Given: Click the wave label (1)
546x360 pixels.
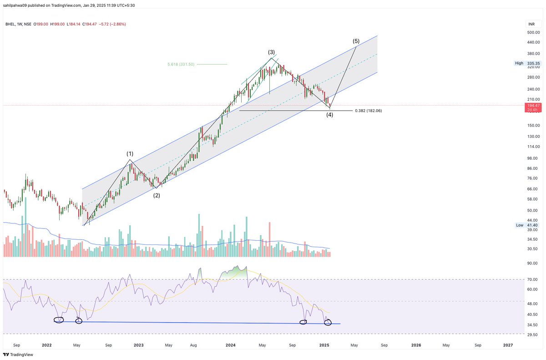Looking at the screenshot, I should point(130,154).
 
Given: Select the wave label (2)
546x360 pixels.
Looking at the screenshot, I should point(156,195).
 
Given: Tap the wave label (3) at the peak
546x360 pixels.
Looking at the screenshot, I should point(271,52).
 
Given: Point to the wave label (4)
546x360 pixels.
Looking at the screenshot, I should point(329,115).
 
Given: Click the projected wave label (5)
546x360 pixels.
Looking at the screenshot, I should point(357,41).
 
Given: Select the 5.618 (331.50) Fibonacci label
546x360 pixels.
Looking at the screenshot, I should point(181,65).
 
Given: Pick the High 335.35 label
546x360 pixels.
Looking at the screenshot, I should point(527,63).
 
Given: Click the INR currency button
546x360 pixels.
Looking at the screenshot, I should point(531,24).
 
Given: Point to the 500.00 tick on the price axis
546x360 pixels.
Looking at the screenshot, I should point(533,33).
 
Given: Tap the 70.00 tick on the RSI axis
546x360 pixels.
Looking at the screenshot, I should point(533,279).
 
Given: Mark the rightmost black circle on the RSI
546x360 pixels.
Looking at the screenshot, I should point(328,322).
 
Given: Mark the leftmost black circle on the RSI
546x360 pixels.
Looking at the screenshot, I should point(59,320).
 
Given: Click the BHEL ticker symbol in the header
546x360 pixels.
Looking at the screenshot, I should point(9,24).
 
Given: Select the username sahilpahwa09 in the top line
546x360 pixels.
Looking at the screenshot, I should point(17,5).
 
